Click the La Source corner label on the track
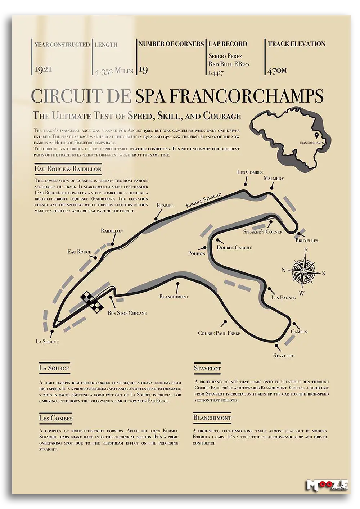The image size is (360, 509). tap(47, 342)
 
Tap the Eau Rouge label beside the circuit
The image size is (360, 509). tap(79, 252)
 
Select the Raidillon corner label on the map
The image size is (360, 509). tap(112, 231)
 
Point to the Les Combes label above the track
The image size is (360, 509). tap(250, 172)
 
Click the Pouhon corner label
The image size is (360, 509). tap(197, 253)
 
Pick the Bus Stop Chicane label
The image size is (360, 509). tap(127, 313)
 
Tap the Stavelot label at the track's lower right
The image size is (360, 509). tap(283, 356)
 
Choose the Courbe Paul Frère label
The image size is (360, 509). tap(219, 333)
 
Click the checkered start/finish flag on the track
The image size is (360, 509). tap(91, 302)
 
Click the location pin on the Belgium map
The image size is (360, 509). tap(317, 136)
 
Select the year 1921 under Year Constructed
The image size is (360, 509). tap(43, 69)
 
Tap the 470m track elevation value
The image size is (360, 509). tap(277, 70)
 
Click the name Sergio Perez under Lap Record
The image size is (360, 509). tap(225, 56)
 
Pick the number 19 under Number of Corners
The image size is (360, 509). tap(143, 69)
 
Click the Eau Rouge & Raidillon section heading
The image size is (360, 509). tap(68, 169)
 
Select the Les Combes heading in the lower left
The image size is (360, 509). tap(56, 418)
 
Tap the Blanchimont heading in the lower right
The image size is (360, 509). tap(212, 418)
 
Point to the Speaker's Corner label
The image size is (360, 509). tap(262, 231)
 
